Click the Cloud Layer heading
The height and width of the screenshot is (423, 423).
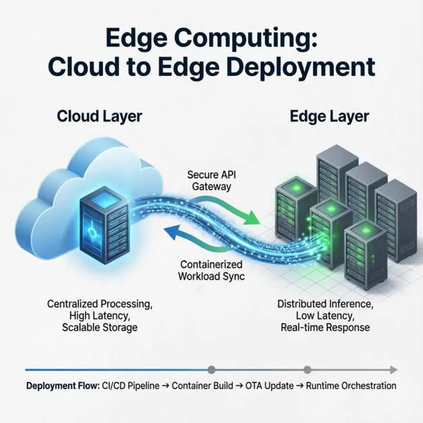tap(99, 116)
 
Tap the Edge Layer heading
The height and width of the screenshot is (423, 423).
tap(329, 116)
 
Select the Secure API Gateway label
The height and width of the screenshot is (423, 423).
tap(211, 180)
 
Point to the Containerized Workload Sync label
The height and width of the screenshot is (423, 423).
tap(211, 270)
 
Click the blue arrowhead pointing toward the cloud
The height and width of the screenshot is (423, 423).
tap(172, 233)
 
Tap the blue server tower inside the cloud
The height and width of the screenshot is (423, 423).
tap(104, 226)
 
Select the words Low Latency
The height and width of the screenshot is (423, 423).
tap(325, 316)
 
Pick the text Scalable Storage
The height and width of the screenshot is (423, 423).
tap(100, 328)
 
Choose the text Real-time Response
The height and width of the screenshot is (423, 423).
tap(325, 328)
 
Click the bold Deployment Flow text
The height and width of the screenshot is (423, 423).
tap(63, 386)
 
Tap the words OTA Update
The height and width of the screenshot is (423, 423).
tap(269, 386)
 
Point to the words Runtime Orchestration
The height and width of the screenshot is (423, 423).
tap(351, 386)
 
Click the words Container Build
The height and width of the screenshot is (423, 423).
tap(202, 386)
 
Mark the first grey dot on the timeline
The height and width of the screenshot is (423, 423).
tap(211, 369)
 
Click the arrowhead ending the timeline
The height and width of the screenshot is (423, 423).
tap(394, 370)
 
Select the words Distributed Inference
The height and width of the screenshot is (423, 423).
tap(325, 304)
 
